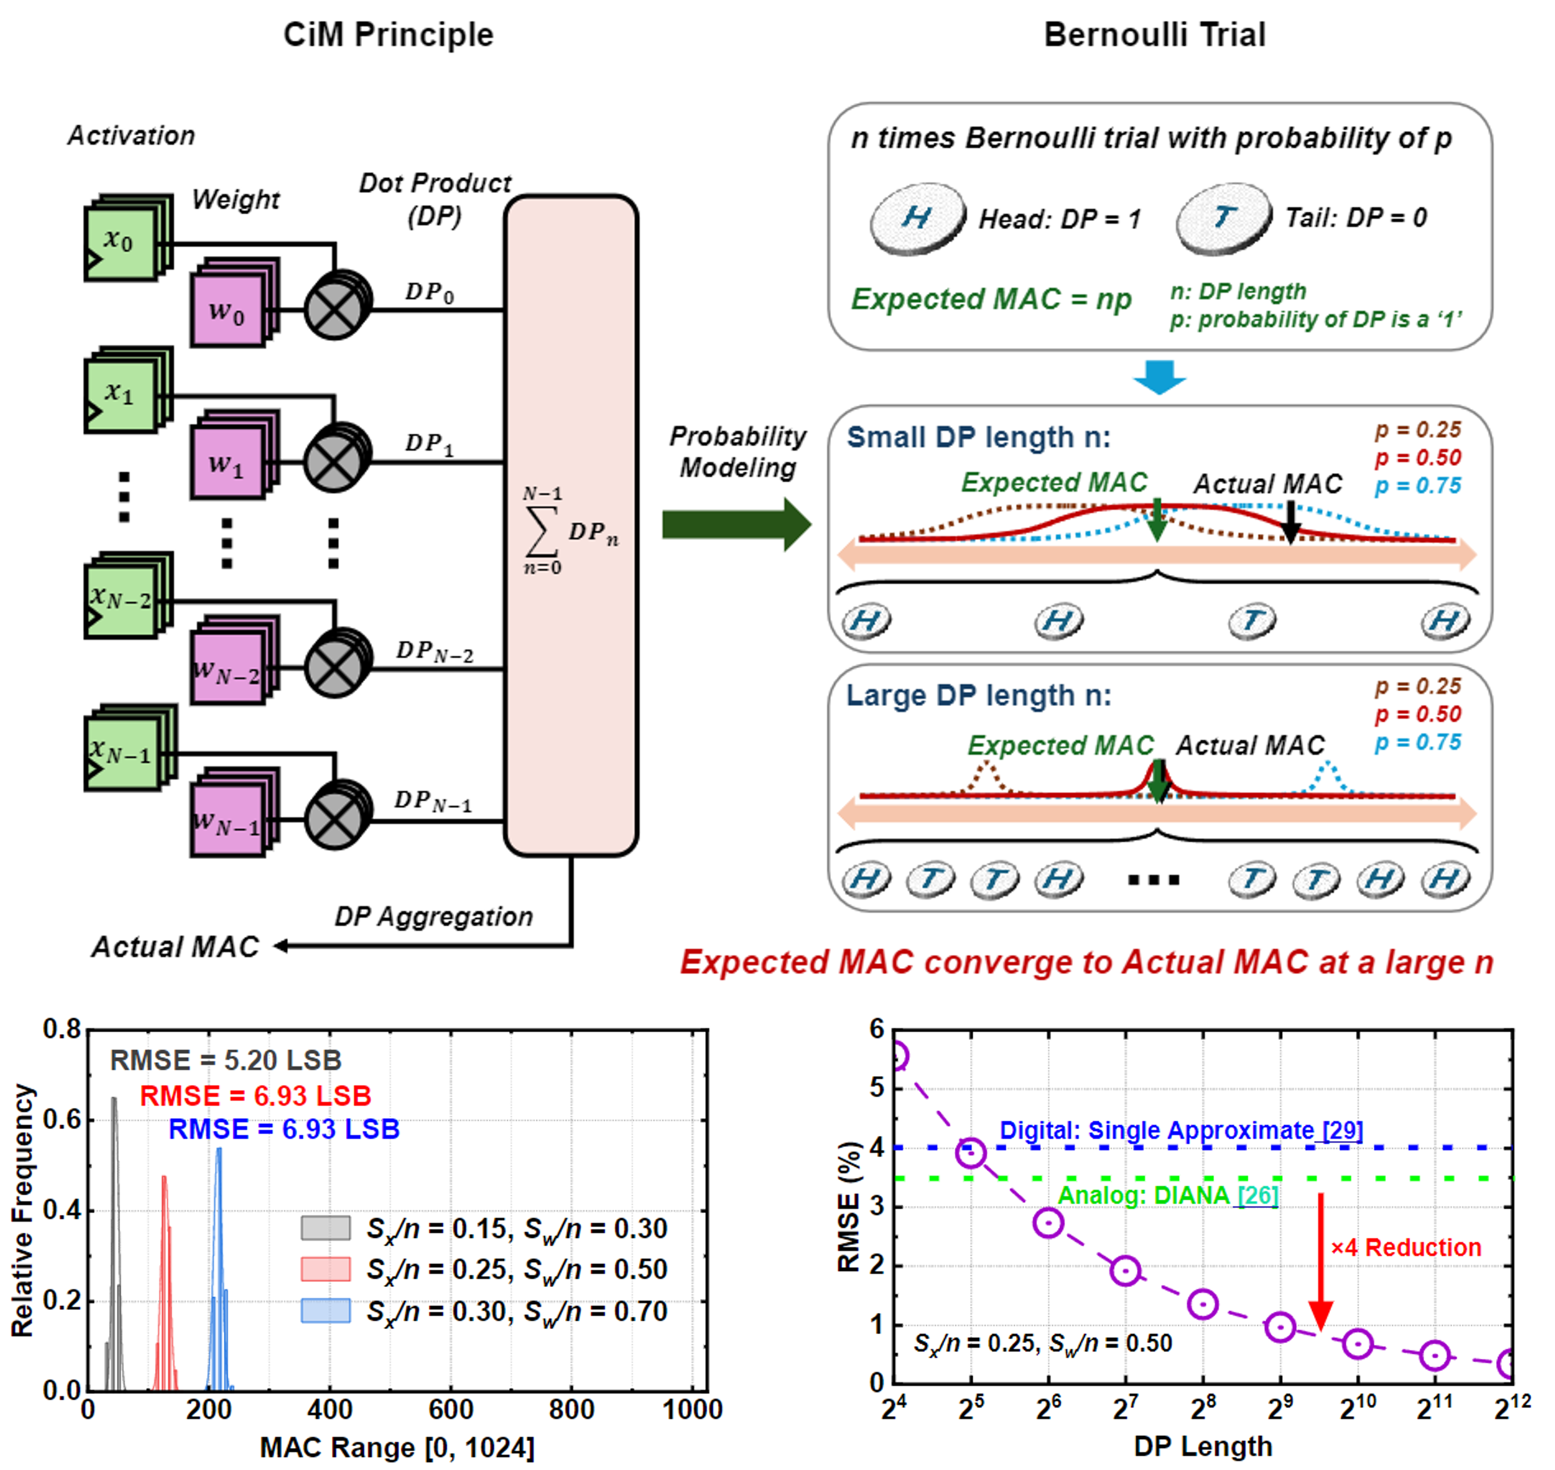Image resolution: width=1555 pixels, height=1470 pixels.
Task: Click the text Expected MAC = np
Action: [992, 299]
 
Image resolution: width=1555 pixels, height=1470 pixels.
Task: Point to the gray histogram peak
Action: [114, 1101]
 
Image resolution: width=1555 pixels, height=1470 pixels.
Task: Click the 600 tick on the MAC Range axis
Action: [451, 1409]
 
